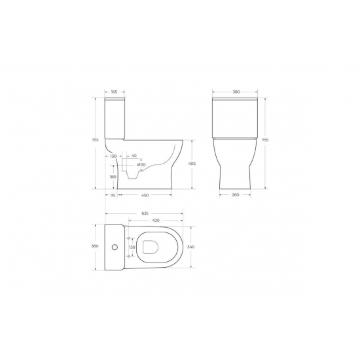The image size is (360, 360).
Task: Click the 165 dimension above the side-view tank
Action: [114, 93]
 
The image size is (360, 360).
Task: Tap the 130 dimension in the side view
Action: [113, 156]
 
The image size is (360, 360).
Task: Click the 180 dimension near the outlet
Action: [113, 177]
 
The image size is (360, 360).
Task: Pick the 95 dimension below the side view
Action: [112, 194]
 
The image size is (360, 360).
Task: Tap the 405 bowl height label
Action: [193, 164]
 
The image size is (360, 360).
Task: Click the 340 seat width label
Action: [190, 247]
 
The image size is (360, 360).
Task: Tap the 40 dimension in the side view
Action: [134, 156]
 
